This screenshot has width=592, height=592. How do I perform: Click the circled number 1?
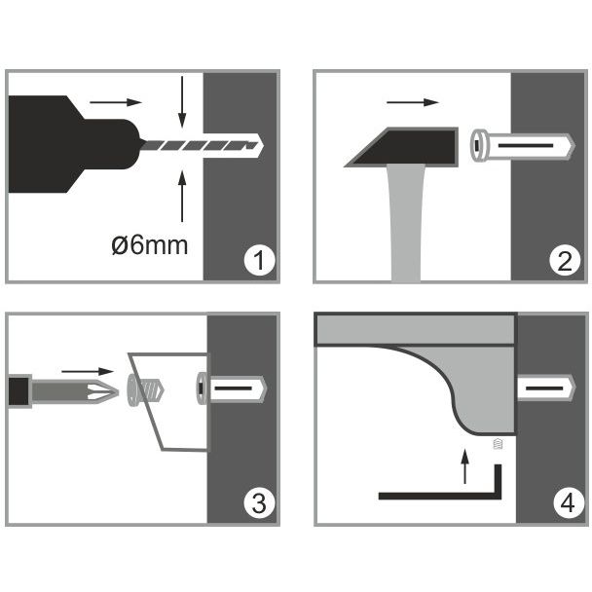[x=259, y=260]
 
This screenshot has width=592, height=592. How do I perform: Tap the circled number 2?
[x=565, y=260]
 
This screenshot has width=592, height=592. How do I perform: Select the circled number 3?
[x=259, y=503]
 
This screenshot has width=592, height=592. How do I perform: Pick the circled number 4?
[x=569, y=503]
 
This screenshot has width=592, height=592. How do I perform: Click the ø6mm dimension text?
[x=150, y=245]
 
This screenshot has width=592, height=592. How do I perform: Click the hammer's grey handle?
[x=406, y=223]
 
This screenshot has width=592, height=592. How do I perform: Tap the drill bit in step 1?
[x=201, y=145]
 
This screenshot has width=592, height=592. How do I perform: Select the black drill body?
[x=74, y=144]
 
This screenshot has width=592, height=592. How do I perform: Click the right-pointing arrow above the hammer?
[x=413, y=102]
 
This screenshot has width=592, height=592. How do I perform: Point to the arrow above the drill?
[x=116, y=102]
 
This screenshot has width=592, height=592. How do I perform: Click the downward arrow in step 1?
[x=182, y=102]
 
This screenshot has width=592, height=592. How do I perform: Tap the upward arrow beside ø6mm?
[x=182, y=196]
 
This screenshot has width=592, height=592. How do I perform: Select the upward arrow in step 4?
[x=465, y=465]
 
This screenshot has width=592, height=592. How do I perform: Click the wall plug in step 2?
[x=523, y=146]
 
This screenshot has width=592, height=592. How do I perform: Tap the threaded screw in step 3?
[x=146, y=390]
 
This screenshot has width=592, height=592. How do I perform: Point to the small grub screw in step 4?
[x=498, y=444]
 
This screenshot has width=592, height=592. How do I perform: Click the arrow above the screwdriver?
[x=88, y=372]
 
